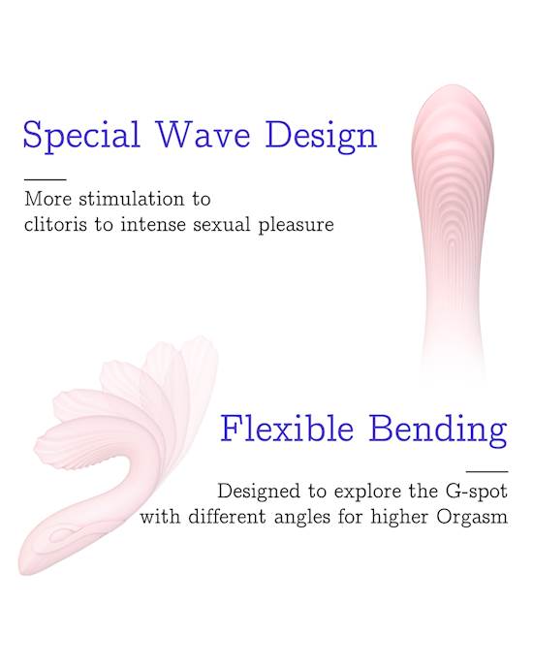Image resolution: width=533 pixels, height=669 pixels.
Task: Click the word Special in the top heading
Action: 81,136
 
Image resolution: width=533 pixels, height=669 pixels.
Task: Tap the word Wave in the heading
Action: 204,134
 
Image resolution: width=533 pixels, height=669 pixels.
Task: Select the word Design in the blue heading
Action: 321,136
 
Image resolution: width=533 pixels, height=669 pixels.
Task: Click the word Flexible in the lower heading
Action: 287,428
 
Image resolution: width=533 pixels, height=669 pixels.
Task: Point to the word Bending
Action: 438,430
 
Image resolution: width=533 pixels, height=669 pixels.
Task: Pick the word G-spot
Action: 476,492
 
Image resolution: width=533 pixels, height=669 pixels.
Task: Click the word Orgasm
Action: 472,518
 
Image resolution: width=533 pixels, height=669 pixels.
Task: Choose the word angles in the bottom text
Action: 302,518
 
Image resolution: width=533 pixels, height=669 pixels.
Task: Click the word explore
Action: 367,492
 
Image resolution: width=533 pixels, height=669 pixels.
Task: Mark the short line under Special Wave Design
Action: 46,180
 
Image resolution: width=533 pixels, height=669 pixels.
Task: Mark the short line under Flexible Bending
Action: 486,471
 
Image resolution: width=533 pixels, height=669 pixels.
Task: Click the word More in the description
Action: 47,199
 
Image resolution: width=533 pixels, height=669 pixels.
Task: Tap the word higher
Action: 399,518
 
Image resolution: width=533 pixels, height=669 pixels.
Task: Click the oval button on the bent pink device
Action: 62,534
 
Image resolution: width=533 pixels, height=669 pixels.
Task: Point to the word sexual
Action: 222,224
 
